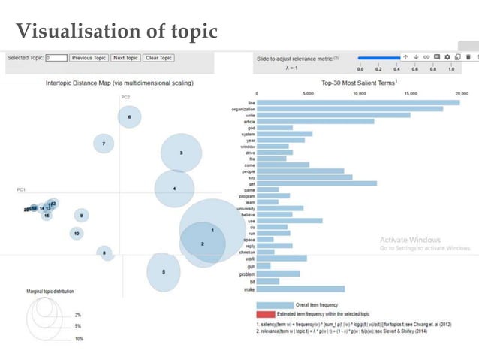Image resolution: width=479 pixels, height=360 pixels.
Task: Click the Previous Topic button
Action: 89,58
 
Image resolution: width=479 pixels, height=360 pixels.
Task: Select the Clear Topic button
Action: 158,58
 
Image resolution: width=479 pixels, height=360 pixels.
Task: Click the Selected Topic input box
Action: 56,58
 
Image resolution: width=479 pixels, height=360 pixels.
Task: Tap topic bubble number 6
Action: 129,116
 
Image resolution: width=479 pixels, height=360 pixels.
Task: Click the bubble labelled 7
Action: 104,143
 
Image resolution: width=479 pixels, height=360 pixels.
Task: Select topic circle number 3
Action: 180,153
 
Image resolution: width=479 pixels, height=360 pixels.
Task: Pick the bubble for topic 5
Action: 164,271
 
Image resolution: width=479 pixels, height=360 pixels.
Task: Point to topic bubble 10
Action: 77,234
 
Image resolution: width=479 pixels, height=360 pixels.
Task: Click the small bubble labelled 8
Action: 104,253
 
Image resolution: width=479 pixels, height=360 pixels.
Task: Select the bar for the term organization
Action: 350,108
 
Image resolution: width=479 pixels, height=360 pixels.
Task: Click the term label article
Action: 249,121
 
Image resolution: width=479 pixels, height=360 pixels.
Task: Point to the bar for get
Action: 316,183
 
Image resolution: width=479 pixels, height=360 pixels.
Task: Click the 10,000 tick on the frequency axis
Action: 359,94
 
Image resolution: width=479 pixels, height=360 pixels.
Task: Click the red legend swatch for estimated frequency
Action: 265,313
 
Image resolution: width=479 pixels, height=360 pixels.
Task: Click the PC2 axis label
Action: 125,98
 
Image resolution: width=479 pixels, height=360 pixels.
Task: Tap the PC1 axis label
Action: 21,189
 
